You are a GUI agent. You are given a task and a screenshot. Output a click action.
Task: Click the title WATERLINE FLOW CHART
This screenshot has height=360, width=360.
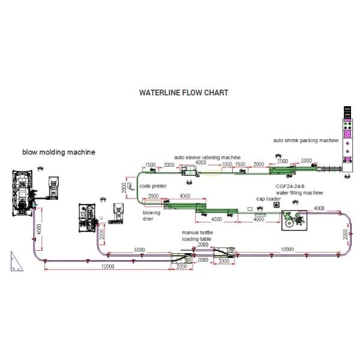(x=183, y=93)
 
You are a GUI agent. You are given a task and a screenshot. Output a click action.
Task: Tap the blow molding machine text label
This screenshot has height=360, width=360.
(x=59, y=152)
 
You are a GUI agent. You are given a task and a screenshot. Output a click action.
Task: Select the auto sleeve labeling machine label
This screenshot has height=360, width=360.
(x=207, y=157)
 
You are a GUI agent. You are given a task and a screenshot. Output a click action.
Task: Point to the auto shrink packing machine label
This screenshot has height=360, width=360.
(x=305, y=140)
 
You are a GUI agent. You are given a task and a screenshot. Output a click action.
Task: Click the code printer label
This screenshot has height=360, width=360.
(x=154, y=186)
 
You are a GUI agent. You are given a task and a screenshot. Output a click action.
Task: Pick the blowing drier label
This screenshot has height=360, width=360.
(x=152, y=216)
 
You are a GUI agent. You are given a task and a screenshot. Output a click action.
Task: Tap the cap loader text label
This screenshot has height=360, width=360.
(x=269, y=199)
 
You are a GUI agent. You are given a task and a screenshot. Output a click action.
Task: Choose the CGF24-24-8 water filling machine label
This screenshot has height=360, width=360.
(x=295, y=190)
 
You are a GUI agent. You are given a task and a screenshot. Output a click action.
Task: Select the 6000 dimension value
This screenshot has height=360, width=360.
(x=139, y=250)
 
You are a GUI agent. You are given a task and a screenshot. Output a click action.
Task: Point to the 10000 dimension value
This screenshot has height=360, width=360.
(x=287, y=250)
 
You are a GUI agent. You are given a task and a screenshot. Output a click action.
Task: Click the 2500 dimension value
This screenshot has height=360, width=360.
(x=282, y=161)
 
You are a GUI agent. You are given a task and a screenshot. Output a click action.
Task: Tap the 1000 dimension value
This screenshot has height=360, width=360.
(x=227, y=164)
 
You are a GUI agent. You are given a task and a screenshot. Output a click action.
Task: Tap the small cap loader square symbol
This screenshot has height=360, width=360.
(x=277, y=205)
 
